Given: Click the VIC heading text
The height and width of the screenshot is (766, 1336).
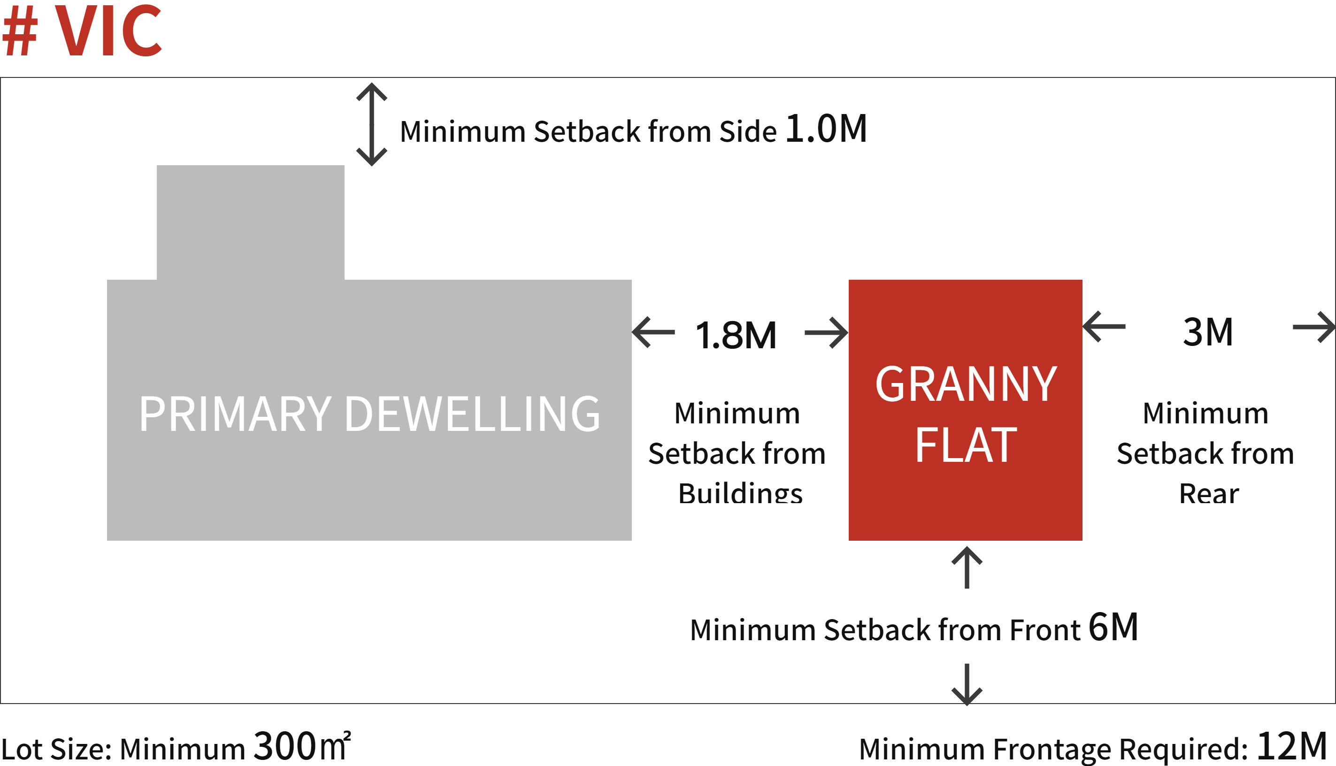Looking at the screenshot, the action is point(108,30).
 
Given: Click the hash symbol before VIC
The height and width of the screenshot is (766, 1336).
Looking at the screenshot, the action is point(20,31).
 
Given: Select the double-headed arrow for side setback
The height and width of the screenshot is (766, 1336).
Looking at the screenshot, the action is point(371,124).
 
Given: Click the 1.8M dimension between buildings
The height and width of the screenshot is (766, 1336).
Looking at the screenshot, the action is point(736,335).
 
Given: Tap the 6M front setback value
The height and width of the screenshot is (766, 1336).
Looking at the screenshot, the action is point(1113,627).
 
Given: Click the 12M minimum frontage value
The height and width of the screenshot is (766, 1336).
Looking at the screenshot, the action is point(1292,745).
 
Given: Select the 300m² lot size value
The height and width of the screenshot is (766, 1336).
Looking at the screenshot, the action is point(302,745).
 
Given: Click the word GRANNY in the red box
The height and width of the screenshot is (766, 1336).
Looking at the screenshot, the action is point(966,384).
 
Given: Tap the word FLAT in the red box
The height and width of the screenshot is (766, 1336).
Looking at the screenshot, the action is point(966,445).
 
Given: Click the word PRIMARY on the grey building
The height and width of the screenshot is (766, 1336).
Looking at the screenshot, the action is point(235,414).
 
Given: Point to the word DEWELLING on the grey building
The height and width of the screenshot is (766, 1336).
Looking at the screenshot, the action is point(472,414).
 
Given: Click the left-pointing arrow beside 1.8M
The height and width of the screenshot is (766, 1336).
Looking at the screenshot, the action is point(653,332).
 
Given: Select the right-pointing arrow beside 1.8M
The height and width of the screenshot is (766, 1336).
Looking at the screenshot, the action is point(827,332).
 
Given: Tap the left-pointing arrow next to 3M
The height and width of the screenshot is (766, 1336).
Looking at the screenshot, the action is point(1104,327).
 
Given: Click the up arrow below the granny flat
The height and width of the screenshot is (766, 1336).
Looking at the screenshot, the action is point(967,567).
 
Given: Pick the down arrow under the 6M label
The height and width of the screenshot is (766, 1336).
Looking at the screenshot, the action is point(967,684).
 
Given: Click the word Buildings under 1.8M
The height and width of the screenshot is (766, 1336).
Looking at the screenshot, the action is point(740,493).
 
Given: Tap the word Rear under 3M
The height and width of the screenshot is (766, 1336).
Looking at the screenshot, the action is point(1209,493).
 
